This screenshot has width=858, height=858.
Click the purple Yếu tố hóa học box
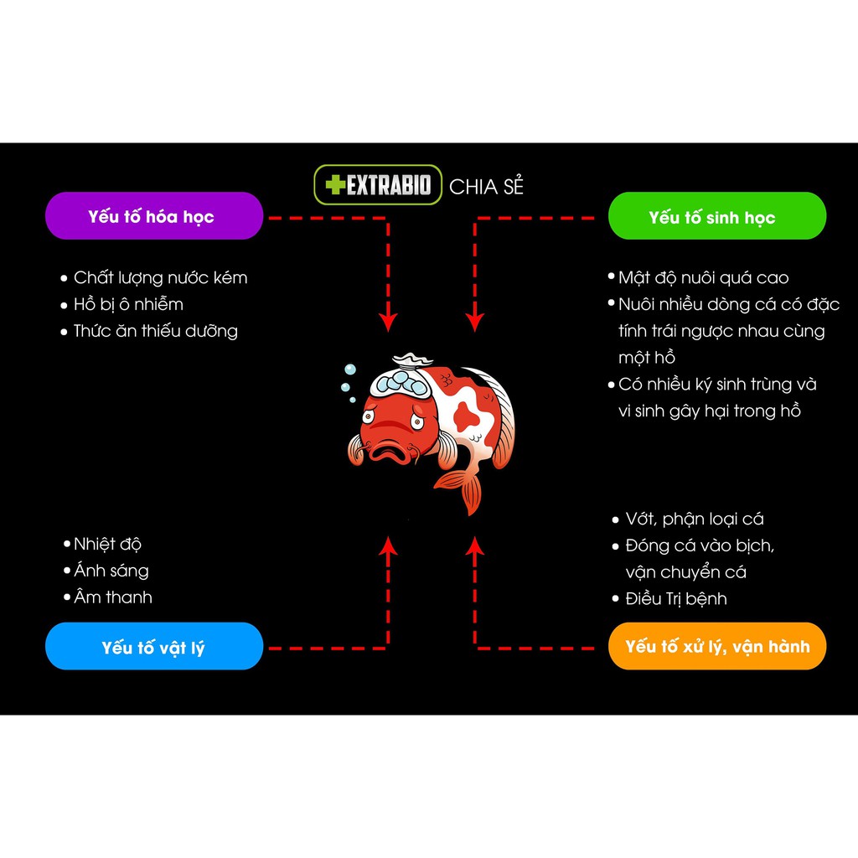click(x=153, y=216)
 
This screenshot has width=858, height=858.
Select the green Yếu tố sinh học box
click(x=716, y=217)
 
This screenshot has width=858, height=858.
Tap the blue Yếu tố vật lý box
click(x=154, y=647)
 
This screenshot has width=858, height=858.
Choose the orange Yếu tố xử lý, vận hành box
click(x=717, y=646)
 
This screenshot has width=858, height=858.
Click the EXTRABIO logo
click(x=378, y=185)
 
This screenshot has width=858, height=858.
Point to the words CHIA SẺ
click(x=486, y=187)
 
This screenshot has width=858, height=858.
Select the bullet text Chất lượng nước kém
click(x=160, y=277)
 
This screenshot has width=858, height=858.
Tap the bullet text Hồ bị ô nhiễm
click(x=128, y=304)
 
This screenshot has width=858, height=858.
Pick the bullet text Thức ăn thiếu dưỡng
click(x=155, y=331)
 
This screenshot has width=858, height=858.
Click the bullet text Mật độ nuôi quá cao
click(x=703, y=277)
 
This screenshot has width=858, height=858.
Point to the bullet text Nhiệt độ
click(x=107, y=544)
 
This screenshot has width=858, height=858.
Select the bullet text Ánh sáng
click(x=111, y=571)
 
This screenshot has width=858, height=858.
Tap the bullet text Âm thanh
click(x=112, y=597)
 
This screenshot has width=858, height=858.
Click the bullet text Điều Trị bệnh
click(x=675, y=598)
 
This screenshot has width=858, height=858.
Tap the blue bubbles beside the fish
click(x=348, y=377)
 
